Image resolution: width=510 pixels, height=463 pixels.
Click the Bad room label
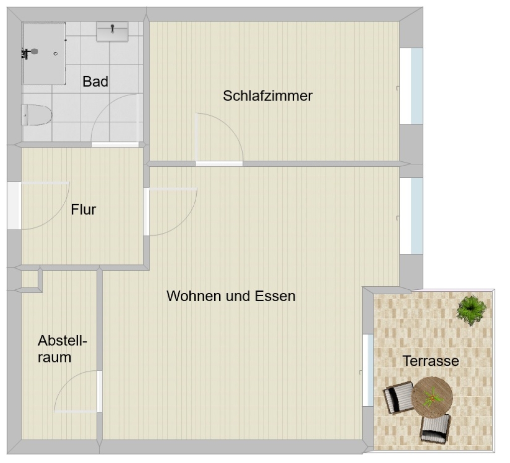point(95,81)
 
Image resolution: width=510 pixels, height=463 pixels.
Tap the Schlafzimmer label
point(267,96)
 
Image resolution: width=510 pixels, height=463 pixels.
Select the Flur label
point(83,210)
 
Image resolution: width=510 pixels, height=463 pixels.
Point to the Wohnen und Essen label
point(231,296)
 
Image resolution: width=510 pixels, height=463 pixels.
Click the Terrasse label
point(431,361)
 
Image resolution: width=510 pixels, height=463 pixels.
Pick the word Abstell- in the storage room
point(62,341)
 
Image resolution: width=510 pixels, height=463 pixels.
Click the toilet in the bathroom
point(36,115)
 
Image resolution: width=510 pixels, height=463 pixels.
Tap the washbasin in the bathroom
point(112,31)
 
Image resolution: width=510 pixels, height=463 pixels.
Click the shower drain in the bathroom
point(56,54)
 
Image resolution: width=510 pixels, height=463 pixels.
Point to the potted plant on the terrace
point(471,310)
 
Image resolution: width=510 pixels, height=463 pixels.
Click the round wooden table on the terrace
point(432,397)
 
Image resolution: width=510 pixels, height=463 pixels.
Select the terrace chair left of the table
point(398,398)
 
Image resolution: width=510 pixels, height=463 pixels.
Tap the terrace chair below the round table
point(435,429)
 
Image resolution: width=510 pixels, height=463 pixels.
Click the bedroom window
point(411,86)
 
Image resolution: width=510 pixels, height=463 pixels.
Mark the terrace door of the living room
point(368,370)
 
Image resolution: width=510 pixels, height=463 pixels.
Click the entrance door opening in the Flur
point(14,206)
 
